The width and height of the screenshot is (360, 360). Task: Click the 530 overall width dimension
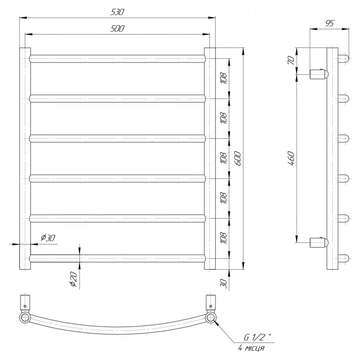point(118,11)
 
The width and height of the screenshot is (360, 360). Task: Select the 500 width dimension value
point(118,29)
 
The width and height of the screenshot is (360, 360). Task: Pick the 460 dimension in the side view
point(291,157)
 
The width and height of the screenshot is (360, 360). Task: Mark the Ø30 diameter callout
point(48,238)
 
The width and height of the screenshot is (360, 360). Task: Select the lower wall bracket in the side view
point(318,241)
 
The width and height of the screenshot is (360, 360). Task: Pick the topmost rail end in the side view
point(342,57)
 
